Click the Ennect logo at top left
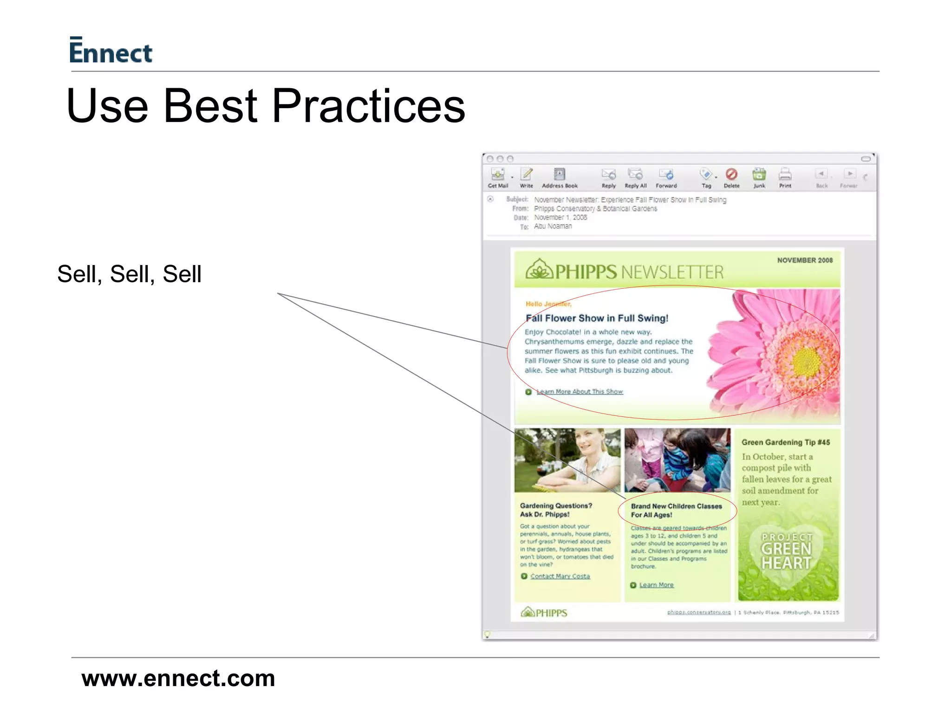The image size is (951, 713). point(111,51)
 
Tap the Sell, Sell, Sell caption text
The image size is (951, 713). point(129,274)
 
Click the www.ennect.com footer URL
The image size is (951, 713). point(178,678)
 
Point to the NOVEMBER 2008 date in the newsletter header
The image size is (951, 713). point(805,260)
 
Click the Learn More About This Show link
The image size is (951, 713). point(580,392)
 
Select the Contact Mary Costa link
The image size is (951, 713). point(560,576)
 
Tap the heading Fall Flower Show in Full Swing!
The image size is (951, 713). point(597,318)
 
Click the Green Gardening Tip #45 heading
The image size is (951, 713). point(785,442)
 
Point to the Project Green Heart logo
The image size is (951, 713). point(787,552)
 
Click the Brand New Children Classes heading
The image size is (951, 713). point(676,510)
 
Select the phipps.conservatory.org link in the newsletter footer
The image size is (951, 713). point(699,612)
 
